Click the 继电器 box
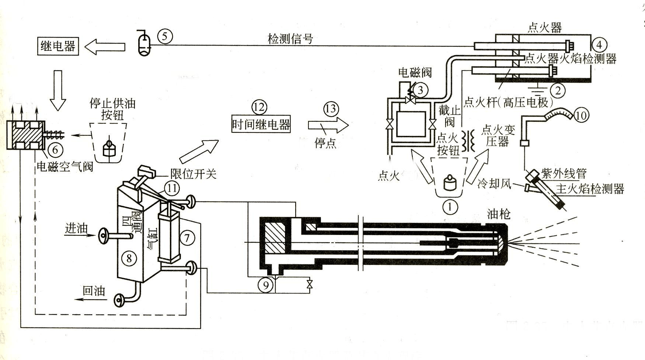58,46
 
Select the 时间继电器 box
261,125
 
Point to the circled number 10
580,115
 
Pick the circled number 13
331,109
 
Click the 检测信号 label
290,38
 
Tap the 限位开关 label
193,174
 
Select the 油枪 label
499,214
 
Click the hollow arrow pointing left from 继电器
105,47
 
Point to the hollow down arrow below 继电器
57,90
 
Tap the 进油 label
76,229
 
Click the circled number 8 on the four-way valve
129,258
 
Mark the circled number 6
55,149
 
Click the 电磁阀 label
415,73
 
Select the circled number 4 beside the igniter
599,45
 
